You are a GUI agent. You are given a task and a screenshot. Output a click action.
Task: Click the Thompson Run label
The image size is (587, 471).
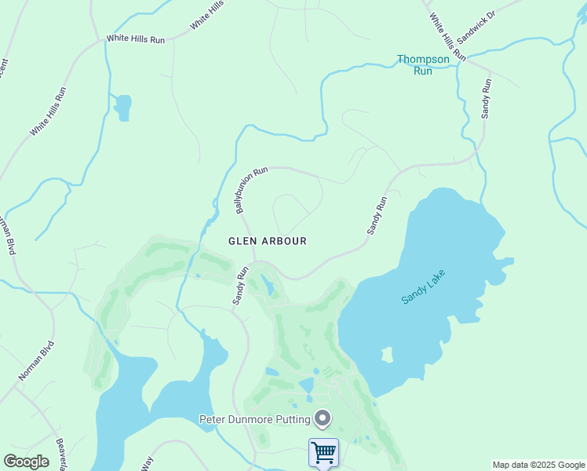(422, 64)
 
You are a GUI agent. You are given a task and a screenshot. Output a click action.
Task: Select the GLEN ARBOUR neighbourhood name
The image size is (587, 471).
(267, 241)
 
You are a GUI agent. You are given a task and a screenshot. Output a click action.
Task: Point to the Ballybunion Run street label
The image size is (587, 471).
(251, 189)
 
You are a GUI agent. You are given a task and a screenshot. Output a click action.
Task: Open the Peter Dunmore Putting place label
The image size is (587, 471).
(253, 418)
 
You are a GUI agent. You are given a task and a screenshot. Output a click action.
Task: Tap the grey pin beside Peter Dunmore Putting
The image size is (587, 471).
(322, 418)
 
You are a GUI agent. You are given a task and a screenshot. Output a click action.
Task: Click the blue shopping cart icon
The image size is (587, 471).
(323, 452)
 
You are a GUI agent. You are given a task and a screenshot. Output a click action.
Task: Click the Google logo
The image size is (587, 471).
(26, 462)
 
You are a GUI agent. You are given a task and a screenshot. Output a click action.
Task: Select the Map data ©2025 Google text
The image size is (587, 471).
(538, 465)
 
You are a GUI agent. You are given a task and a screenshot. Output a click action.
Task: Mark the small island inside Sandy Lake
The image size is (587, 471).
(385, 356)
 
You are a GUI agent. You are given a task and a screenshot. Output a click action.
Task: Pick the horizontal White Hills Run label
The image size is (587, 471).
(136, 38)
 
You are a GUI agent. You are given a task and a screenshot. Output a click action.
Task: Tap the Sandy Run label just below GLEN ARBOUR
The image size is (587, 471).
(239, 285)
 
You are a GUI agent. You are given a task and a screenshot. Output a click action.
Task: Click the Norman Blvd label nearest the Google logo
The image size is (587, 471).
(37, 360)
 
